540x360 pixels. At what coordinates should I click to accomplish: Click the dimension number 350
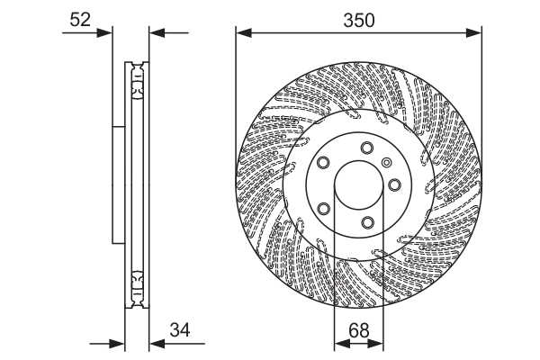coord(358,18)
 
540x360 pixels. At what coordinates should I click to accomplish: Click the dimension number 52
coord(80,18)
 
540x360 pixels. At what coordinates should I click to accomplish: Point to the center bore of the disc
coord(358,186)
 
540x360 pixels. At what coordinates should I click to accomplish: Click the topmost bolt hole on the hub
coord(366,148)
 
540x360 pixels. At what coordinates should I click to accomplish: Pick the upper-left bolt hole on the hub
coord(322,163)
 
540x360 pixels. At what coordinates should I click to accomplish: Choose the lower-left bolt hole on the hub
coord(322,209)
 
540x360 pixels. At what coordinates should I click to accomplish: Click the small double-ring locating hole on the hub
coord(386,163)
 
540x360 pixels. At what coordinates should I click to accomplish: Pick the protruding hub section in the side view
coord(118,184)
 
